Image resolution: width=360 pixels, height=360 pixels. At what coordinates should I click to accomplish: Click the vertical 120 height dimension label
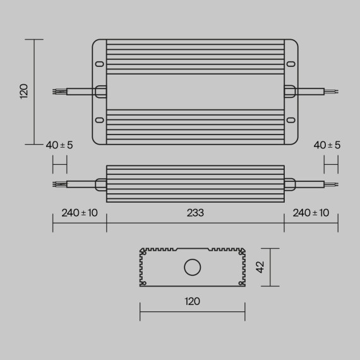(x=25, y=92)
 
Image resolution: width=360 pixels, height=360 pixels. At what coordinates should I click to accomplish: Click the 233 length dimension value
(x=195, y=213)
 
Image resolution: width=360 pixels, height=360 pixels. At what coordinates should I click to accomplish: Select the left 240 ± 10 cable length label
(x=80, y=213)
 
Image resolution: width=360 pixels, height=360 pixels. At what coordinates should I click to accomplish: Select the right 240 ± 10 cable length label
(x=311, y=213)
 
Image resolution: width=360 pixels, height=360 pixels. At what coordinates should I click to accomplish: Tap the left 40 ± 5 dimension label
(x=59, y=145)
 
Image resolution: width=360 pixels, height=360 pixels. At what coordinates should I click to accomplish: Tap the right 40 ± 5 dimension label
(x=327, y=145)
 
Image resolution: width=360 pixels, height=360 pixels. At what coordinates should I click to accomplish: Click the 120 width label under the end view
(x=192, y=301)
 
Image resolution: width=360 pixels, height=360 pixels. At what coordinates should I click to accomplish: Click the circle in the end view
(x=191, y=267)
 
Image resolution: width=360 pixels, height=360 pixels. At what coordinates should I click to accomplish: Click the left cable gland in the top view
(x=101, y=92)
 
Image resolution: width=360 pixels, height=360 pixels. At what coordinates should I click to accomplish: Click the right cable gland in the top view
(x=290, y=92)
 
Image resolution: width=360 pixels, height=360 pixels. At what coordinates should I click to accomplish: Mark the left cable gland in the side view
(x=101, y=184)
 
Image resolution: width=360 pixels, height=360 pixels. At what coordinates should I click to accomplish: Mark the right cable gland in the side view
(x=290, y=184)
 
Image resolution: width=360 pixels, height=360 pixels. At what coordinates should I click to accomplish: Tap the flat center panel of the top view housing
(x=195, y=92)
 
